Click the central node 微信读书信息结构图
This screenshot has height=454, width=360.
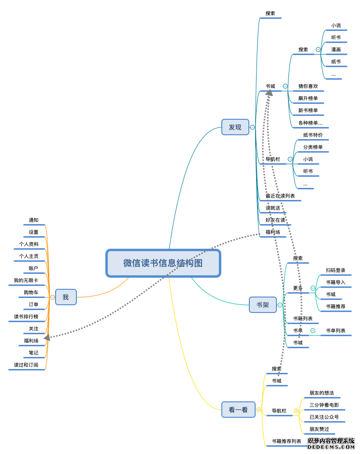point(163,263)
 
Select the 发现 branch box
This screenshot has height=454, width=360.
point(235,127)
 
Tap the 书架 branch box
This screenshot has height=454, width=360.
point(262,305)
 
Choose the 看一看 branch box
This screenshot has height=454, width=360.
point(238,410)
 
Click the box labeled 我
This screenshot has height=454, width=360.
point(66,297)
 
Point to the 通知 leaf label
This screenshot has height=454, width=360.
point(33,220)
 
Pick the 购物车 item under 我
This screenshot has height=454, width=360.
point(31,293)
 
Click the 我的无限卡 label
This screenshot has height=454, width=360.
point(26,281)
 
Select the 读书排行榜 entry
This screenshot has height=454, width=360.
point(26,317)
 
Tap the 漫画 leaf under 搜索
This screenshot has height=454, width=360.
point(336,50)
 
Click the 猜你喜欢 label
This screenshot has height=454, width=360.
point(308,86)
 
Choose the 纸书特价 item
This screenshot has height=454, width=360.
point(313,135)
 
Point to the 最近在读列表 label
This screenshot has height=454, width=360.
point(280,196)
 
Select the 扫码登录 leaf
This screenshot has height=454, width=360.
point(335,270)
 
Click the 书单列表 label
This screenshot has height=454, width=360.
point(335,331)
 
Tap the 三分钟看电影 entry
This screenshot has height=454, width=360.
point(324,405)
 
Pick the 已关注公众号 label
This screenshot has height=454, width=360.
point(324,417)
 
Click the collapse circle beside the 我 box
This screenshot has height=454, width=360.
point(52,297)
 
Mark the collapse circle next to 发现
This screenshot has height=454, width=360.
point(252,127)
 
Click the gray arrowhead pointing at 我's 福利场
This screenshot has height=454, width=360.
point(47,337)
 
